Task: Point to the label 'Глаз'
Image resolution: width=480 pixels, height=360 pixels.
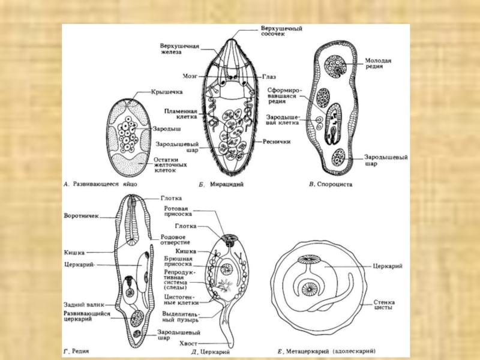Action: click(x=269, y=77)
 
